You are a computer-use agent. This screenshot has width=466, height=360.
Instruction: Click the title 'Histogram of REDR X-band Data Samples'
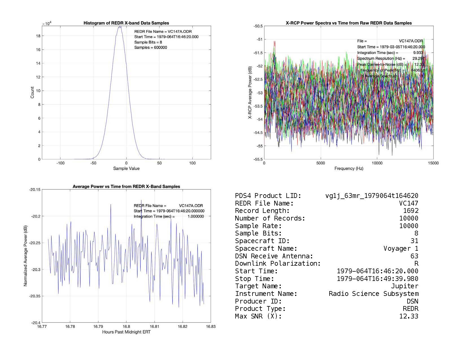point(126,23)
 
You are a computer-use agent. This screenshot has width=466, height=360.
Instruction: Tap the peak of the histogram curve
point(120,27)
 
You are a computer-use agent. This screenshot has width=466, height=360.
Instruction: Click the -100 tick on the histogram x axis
point(60,163)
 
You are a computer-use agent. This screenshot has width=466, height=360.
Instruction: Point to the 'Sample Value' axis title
point(126,169)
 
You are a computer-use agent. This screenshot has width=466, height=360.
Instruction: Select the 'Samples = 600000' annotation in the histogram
point(151,47)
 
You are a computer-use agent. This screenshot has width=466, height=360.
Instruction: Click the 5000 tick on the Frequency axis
point(321,163)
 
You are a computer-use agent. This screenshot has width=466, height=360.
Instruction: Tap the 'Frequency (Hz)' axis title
point(349,169)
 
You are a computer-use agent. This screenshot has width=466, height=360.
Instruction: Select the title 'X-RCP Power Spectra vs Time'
point(349,23)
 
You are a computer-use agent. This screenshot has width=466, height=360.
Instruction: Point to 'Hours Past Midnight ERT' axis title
point(126,332)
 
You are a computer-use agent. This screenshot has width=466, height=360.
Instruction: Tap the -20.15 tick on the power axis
point(35,190)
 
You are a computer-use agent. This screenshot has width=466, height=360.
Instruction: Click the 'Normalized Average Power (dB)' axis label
point(25,256)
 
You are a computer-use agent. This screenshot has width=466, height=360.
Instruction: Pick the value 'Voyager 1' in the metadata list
point(401,248)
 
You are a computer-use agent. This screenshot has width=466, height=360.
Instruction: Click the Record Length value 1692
point(411,211)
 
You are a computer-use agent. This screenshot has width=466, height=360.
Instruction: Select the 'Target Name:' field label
point(258,286)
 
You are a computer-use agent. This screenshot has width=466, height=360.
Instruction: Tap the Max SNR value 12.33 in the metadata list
point(409,316)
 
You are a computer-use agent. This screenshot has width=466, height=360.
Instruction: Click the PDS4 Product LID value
point(372,196)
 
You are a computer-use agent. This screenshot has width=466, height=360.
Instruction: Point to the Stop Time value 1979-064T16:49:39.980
point(378,279)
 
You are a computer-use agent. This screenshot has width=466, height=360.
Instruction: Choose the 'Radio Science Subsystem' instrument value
point(373,294)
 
